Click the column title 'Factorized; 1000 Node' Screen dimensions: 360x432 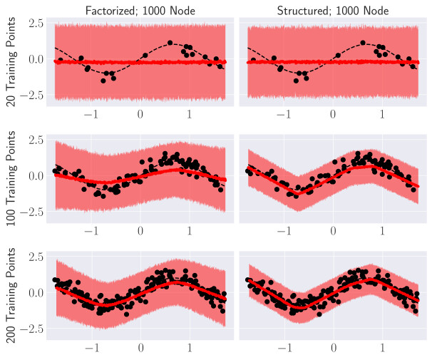coord(140,10)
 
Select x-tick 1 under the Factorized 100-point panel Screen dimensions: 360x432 coord(190,231)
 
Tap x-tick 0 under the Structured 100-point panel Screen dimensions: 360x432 coord(333,231)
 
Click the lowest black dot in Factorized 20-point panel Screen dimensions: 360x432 coord(103,81)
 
